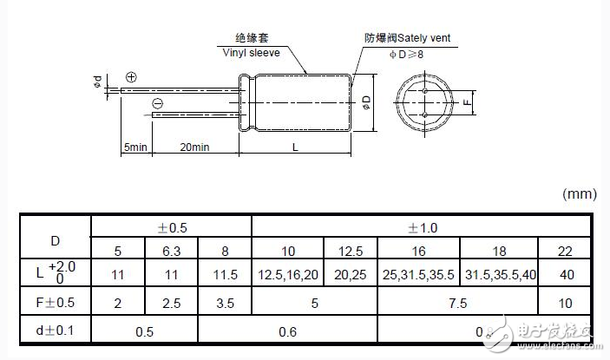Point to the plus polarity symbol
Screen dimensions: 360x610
(x=131, y=76)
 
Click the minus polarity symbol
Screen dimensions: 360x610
(x=157, y=105)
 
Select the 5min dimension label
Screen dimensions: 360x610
(x=135, y=147)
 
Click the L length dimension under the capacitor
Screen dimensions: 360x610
(x=295, y=147)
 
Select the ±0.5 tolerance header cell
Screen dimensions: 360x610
(x=171, y=227)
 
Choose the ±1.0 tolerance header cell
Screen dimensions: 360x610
(x=423, y=227)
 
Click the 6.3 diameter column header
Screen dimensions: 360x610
(x=171, y=251)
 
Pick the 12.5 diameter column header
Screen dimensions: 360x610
(x=350, y=251)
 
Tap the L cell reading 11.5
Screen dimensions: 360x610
(x=225, y=274)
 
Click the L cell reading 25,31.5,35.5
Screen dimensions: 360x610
(x=418, y=274)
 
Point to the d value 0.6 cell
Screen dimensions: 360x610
(x=287, y=331)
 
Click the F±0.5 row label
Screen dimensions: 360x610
(x=55, y=303)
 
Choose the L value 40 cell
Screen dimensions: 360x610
(x=567, y=274)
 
